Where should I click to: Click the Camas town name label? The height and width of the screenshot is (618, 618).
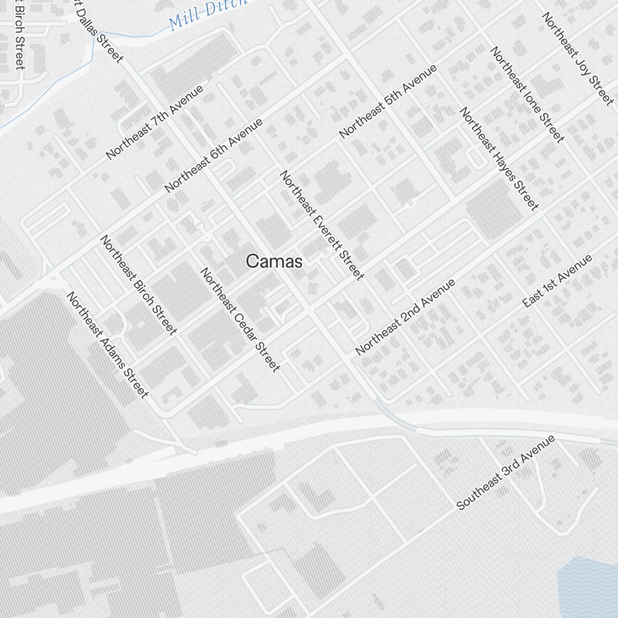274,261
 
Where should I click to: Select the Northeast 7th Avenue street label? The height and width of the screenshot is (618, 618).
154,122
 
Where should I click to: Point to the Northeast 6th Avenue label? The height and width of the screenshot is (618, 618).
213,154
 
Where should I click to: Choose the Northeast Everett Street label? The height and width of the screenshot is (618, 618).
321,225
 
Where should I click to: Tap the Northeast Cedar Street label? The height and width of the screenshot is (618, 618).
239,320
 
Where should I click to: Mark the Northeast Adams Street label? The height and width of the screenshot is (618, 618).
108,344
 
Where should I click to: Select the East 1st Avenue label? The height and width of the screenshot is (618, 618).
557,281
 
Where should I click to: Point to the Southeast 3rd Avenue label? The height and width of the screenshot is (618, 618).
506,473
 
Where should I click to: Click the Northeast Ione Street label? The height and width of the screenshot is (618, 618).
527,94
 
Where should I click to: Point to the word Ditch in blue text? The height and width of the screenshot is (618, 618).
229,7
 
